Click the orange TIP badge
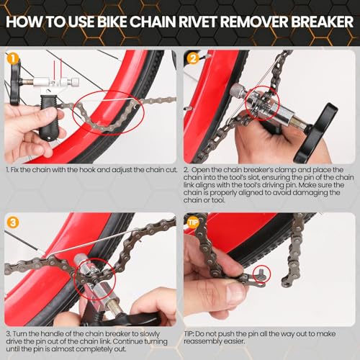point(193,222)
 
